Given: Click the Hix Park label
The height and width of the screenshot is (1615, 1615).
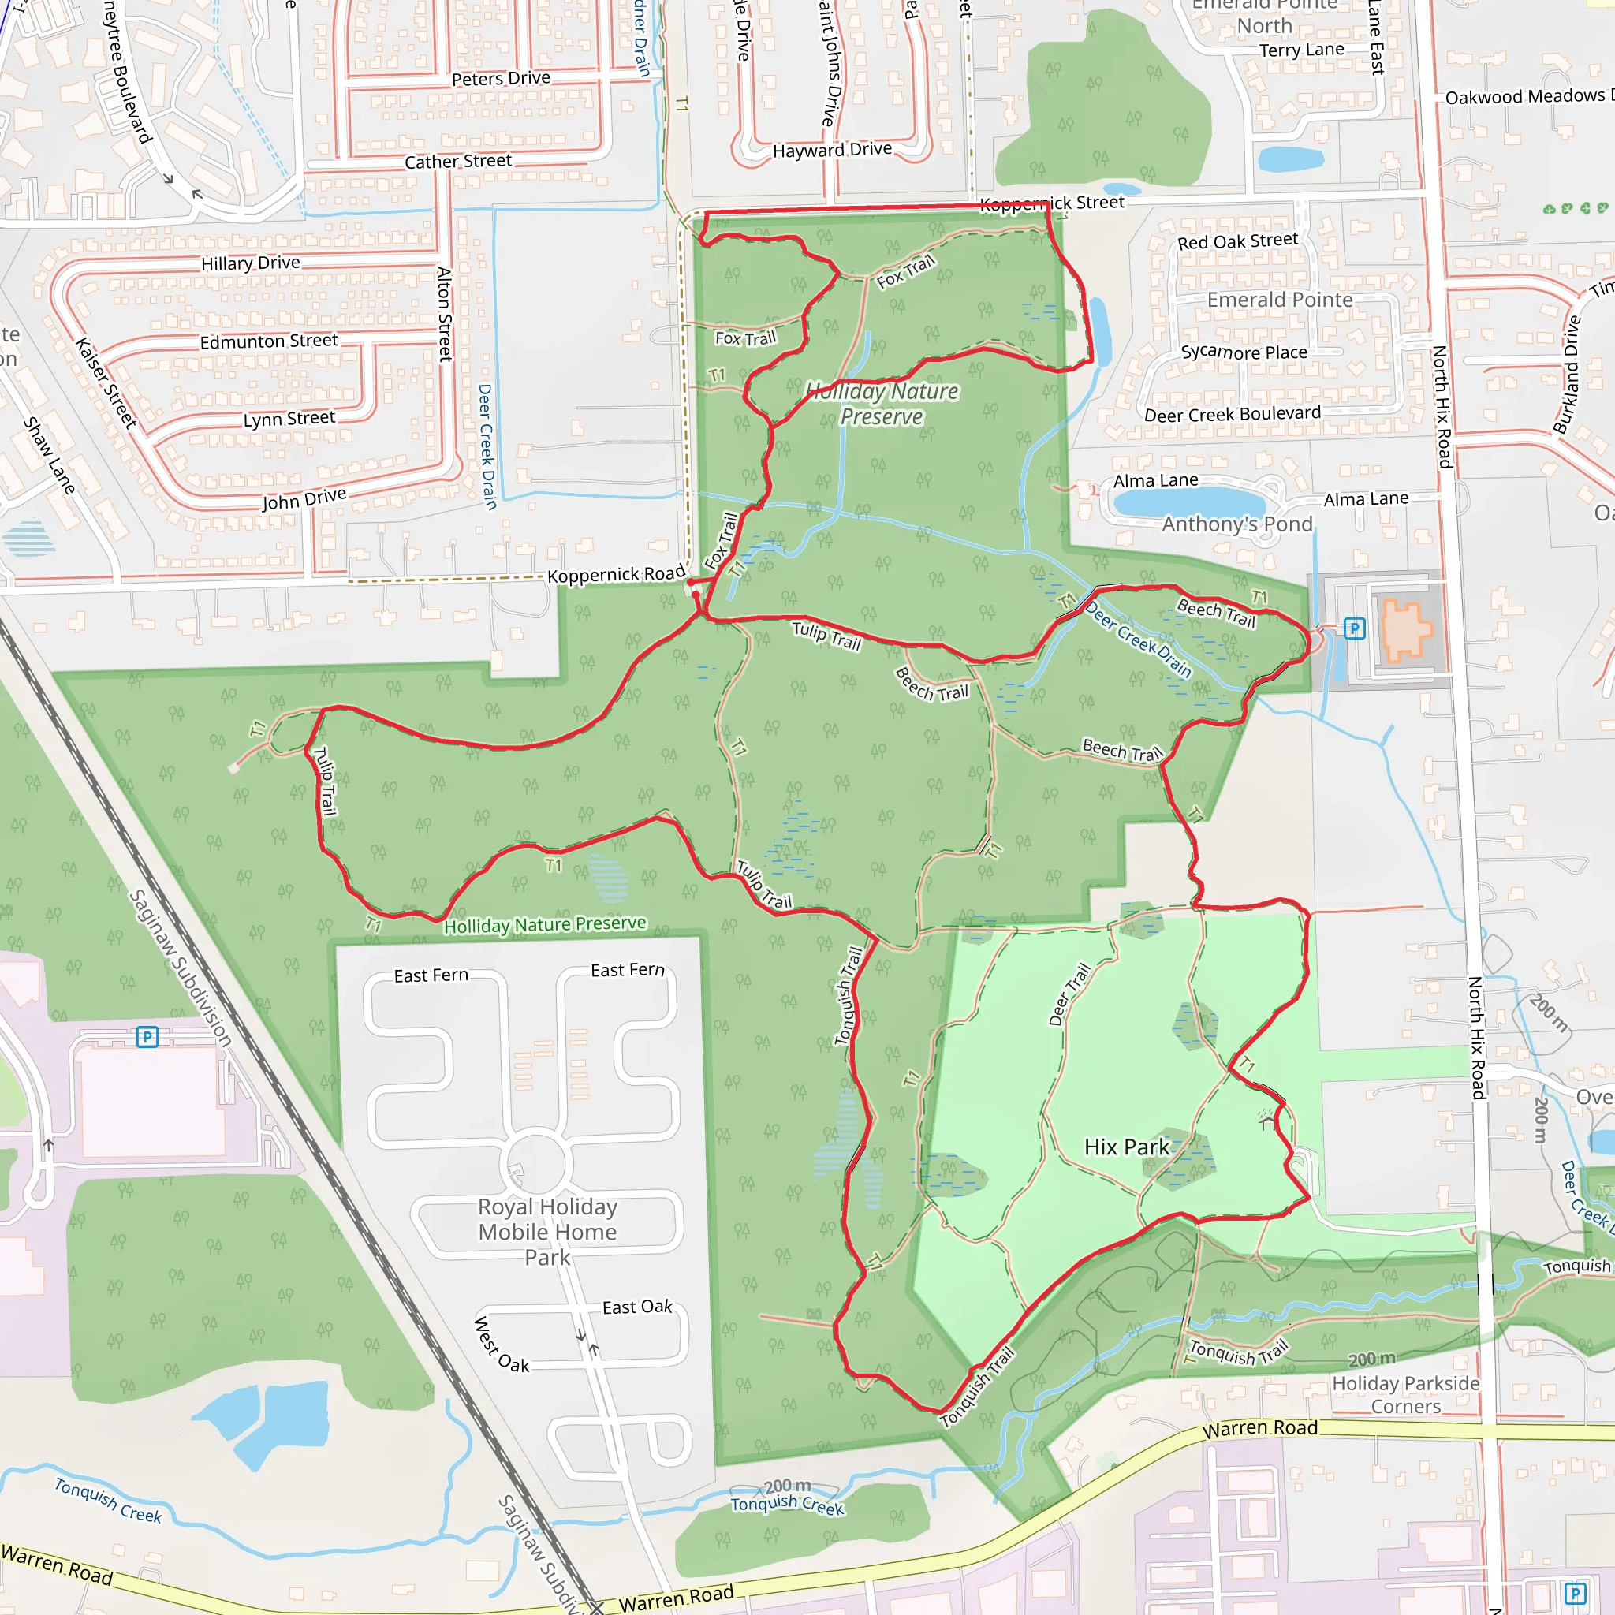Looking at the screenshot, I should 1126,1147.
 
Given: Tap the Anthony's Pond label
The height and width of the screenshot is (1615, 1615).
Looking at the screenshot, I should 1237,524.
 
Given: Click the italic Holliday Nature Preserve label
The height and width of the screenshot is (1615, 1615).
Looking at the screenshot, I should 882,404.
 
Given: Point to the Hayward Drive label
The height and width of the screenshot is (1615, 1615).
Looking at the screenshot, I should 832,151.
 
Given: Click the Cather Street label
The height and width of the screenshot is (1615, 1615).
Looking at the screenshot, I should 458,162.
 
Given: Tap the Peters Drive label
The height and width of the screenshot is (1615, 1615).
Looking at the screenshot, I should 501,79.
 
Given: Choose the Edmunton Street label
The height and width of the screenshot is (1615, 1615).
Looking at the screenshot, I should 268,341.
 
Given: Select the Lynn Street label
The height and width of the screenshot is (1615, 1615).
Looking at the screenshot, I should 289,418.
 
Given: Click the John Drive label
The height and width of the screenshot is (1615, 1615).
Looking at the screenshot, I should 304,499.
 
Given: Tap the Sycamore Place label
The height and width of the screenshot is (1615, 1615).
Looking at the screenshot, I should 1244,352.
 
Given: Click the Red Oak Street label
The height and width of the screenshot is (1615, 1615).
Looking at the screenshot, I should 1237,241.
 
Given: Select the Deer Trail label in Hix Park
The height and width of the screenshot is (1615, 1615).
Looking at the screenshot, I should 1070,994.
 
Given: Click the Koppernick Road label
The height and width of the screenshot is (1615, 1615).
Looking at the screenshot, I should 616,574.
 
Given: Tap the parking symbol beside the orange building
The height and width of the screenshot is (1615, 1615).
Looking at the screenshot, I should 1354,628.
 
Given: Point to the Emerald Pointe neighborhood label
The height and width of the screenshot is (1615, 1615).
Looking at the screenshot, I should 1279,300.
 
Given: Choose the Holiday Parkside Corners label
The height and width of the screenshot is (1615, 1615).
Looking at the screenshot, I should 1405,1394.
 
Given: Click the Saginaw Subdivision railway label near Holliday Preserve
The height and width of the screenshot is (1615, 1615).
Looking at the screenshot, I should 181,967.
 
